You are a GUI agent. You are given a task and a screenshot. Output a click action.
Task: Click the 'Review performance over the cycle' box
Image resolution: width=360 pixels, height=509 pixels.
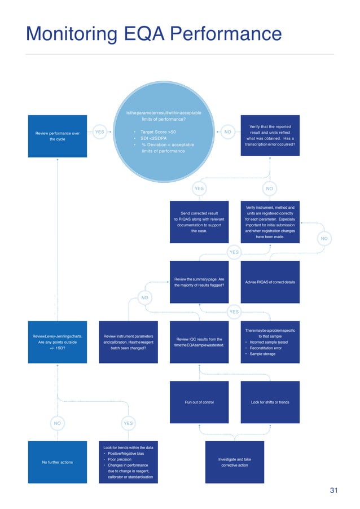[57, 136]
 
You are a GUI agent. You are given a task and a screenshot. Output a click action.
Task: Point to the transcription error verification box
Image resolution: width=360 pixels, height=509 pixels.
[270, 136]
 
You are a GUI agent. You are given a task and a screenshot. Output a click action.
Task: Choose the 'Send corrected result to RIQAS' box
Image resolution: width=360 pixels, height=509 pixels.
[199, 222]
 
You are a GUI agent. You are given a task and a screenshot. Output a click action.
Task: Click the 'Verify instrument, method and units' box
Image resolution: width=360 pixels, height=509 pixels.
[270, 222]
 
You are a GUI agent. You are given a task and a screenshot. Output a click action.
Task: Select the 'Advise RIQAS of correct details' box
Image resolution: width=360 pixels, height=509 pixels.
[270, 282]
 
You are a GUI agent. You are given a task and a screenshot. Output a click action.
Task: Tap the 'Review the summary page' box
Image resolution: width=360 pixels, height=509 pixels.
[199, 282]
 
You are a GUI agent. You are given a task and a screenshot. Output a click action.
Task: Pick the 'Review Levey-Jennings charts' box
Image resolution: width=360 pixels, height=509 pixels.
[57, 343]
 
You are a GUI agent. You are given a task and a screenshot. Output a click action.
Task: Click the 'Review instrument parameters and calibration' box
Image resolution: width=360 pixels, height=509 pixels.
[128, 343]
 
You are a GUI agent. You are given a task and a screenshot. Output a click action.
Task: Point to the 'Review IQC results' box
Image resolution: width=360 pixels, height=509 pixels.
[199, 343]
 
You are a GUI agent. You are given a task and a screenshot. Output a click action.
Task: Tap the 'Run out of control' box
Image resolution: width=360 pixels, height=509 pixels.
[199, 402]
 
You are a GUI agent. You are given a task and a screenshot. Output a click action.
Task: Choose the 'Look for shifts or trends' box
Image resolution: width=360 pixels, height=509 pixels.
[270, 402]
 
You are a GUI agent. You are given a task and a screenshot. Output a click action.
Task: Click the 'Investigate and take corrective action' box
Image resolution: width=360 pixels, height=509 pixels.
[234, 462]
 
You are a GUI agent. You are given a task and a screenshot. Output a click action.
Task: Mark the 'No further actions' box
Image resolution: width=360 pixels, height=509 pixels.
[57, 462]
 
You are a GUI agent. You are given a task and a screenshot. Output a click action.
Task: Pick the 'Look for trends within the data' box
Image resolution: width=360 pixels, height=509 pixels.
[128, 462]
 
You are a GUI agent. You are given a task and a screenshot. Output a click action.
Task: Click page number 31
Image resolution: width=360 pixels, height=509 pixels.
[333, 491]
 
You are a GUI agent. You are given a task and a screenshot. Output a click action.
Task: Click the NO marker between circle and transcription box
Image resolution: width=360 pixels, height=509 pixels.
[228, 132]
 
